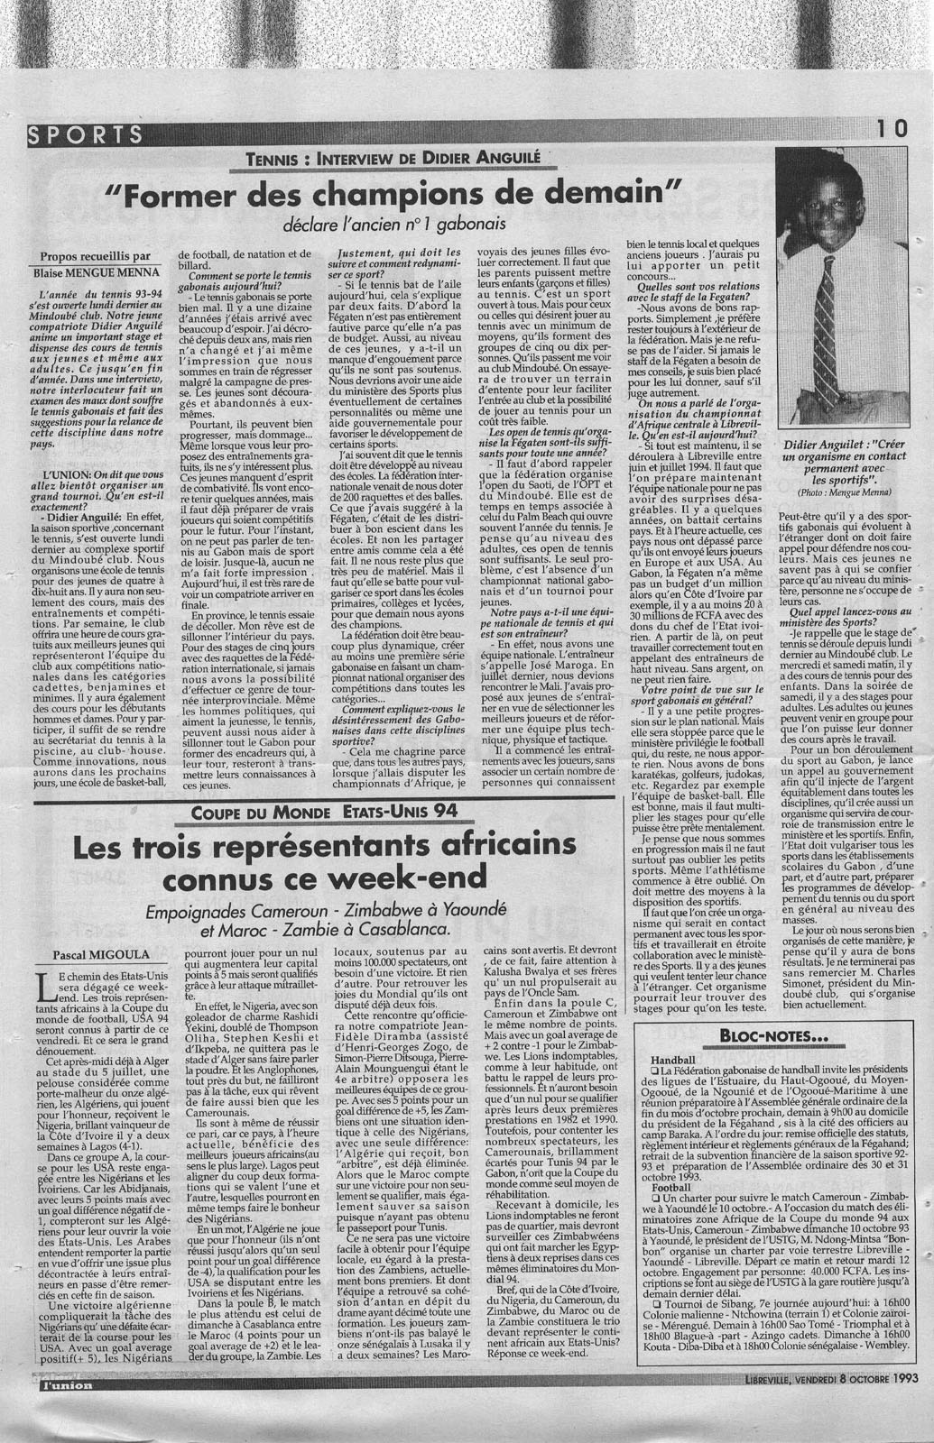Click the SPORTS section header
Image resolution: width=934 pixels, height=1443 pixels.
86,136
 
